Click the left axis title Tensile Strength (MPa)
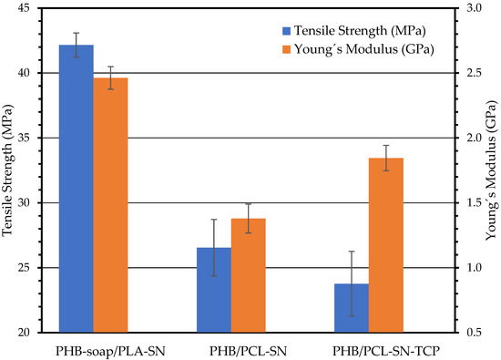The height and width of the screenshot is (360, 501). (x=8, y=170)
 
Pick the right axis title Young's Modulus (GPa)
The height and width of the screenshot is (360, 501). (x=491, y=170)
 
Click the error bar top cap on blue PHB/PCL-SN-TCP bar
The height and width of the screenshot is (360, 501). (x=352, y=252)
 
